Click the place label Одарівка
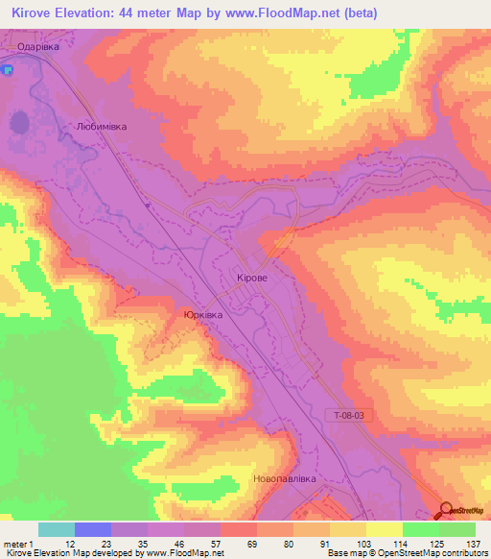pos(40,45)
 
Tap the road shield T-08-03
pos(351,415)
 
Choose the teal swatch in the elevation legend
pos(57,529)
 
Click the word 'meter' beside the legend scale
pos(12,544)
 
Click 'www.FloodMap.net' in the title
pos(289,13)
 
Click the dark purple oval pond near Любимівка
pos(19,123)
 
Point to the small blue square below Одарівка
pos(7,70)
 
